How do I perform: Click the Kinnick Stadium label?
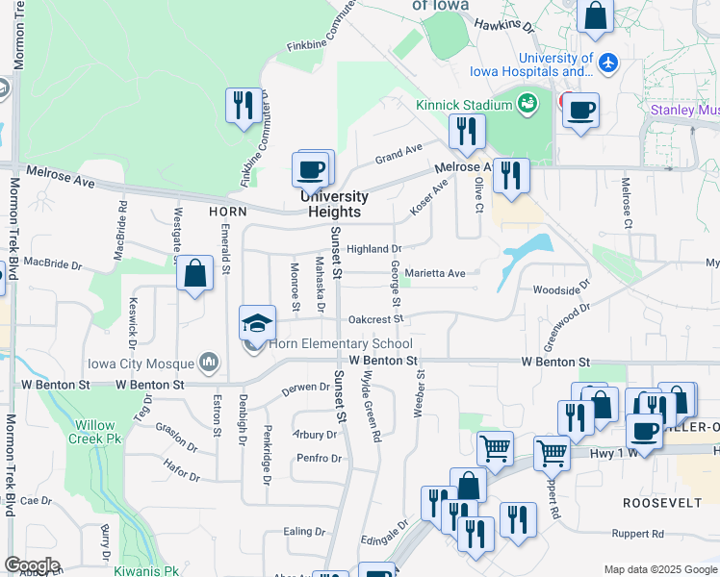click(x=463, y=105)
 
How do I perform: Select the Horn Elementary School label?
click(x=341, y=344)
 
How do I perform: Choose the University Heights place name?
click(x=334, y=205)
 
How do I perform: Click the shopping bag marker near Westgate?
click(x=195, y=274)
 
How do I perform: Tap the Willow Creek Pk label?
click(x=92, y=432)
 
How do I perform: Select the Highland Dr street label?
click(x=373, y=249)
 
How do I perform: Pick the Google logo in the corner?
click(x=33, y=565)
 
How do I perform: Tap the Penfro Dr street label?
click(x=320, y=459)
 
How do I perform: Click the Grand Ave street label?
click(x=399, y=154)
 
